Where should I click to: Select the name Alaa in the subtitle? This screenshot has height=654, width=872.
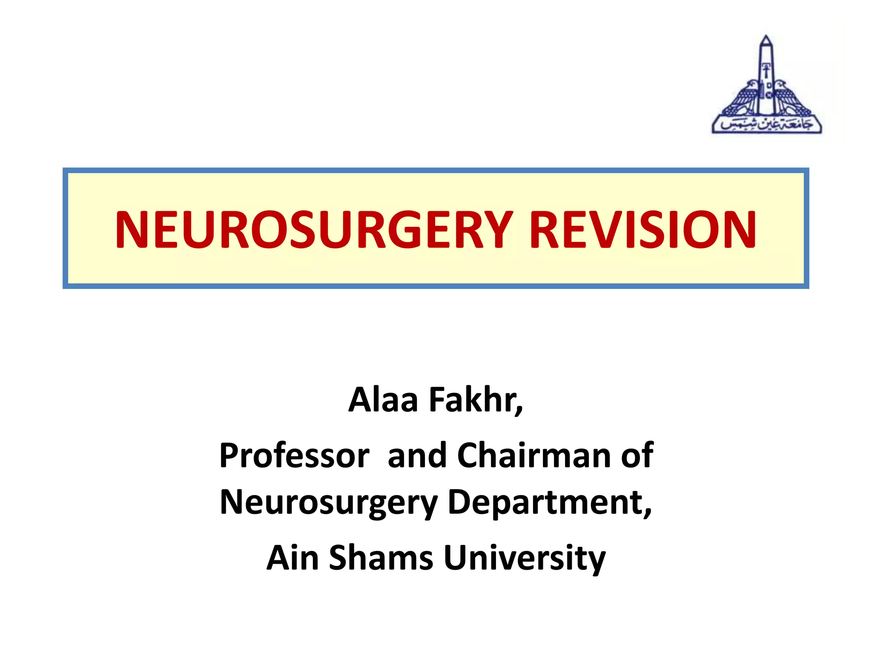coord(383,400)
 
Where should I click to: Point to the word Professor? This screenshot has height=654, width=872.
coord(294,456)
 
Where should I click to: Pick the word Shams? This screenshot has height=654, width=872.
coord(381,558)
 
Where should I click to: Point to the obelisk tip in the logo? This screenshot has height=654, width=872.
coord(766,39)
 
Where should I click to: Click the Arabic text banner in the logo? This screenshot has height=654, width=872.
coord(766,124)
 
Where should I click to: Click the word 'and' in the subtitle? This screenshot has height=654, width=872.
coord(417,456)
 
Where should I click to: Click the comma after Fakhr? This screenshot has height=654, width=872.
coord(519,411)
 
